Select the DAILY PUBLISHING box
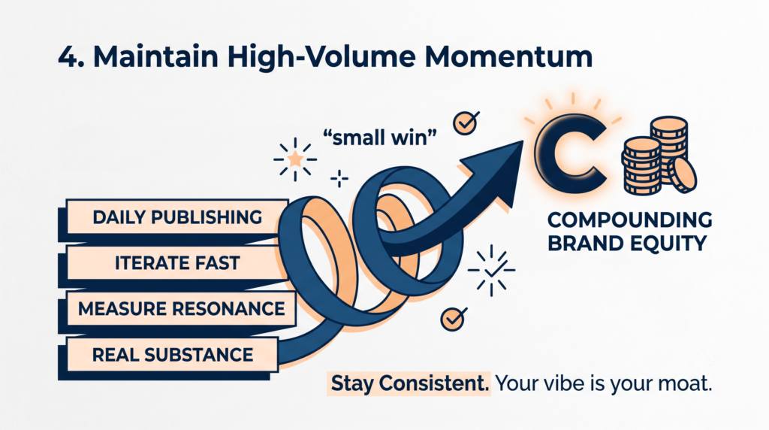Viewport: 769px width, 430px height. coord(177,217)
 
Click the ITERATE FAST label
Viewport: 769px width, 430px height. coord(177,262)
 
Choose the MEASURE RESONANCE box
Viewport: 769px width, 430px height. coord(181,308)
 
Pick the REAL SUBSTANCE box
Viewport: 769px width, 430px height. coord(172,354)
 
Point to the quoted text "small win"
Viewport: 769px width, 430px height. coord(379,137)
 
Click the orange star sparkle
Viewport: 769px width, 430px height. coord(294,159)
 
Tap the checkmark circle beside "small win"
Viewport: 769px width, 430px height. coord(465,123)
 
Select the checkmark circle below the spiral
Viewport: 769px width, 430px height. coord(452,319)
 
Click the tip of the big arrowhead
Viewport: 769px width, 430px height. coord(523,141)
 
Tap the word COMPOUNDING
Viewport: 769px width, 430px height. coord(630,220)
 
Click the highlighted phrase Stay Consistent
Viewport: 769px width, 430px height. coord(409,383)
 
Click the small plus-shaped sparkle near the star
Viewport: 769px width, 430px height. coord(339,179)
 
